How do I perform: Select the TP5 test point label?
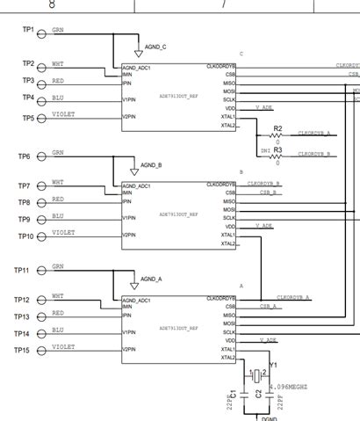click(28, 118)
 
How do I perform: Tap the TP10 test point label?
click(26, 236)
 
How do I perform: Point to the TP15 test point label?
click(22, 351)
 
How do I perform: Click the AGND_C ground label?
click(155, 46)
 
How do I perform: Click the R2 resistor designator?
click(277, 128)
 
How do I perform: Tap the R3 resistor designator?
click(277, 150)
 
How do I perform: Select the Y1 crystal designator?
click(273, 364)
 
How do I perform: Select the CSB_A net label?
click(269, 307)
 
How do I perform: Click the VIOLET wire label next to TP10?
click(63, 233)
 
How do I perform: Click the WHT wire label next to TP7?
click(57, 182)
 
